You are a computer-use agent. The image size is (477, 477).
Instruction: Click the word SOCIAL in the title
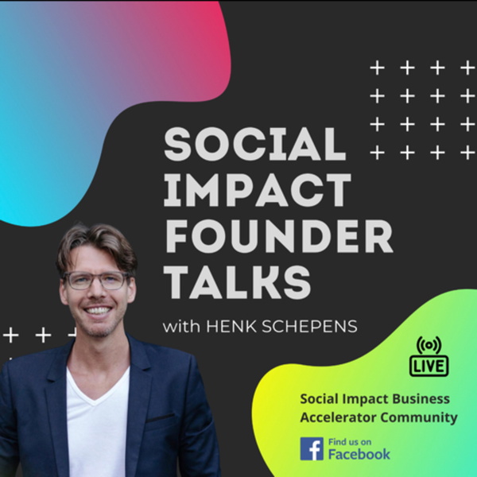tap(255, 144)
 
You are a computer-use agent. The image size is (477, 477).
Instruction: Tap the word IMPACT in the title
tap(258, 190)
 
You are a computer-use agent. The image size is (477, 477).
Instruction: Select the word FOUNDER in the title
tap(279, 236)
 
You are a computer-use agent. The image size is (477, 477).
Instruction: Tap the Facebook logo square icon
tap(312, 448)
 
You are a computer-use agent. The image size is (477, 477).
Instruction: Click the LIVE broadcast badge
tap(429, 366)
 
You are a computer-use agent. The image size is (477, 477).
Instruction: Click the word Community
tap(419, 418)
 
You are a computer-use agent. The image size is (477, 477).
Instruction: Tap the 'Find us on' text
tap(350, 442)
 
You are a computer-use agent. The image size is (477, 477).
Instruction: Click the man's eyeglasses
tap(97, 281)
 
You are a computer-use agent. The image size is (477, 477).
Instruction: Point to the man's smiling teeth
tap(98, 311)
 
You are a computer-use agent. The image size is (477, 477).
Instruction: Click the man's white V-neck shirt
tap(98, 426)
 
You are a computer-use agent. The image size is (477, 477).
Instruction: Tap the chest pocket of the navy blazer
tap(161, 417)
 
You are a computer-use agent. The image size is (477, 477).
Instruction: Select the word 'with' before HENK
tap(181, 327)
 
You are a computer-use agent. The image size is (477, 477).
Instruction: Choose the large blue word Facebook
tap(359, 454)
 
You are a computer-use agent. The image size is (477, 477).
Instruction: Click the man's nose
tap(97, 292)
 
